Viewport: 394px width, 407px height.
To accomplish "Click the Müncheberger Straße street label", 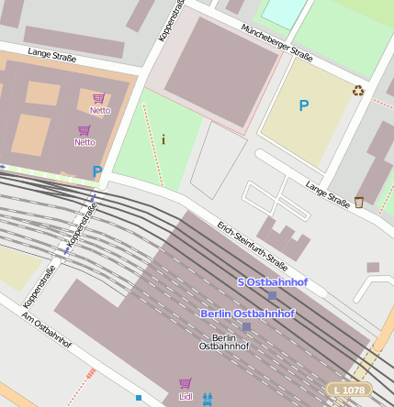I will (276, 40).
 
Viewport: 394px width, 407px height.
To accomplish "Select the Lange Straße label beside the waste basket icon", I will (328, 194).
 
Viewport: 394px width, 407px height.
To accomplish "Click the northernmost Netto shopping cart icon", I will (99, 98).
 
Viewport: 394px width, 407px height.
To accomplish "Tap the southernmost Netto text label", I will (84, 142).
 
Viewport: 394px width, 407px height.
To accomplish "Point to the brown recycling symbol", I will (358, 90).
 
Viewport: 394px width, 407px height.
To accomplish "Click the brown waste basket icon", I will (359, 202).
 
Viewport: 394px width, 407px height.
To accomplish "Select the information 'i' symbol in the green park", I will (163, 139).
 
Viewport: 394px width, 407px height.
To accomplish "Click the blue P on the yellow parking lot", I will (304, 106).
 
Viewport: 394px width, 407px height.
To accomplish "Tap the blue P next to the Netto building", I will (96, 170).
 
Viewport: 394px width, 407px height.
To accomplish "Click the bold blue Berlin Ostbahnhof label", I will (248, 313).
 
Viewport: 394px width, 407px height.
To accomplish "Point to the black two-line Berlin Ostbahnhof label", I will (224, 342).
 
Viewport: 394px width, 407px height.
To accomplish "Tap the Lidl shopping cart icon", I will (186, 383).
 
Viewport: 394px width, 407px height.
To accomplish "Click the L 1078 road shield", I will (349, 390).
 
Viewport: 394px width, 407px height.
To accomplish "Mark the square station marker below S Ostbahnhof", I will (272, 296).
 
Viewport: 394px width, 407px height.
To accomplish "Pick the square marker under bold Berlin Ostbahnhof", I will (246, 326).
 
